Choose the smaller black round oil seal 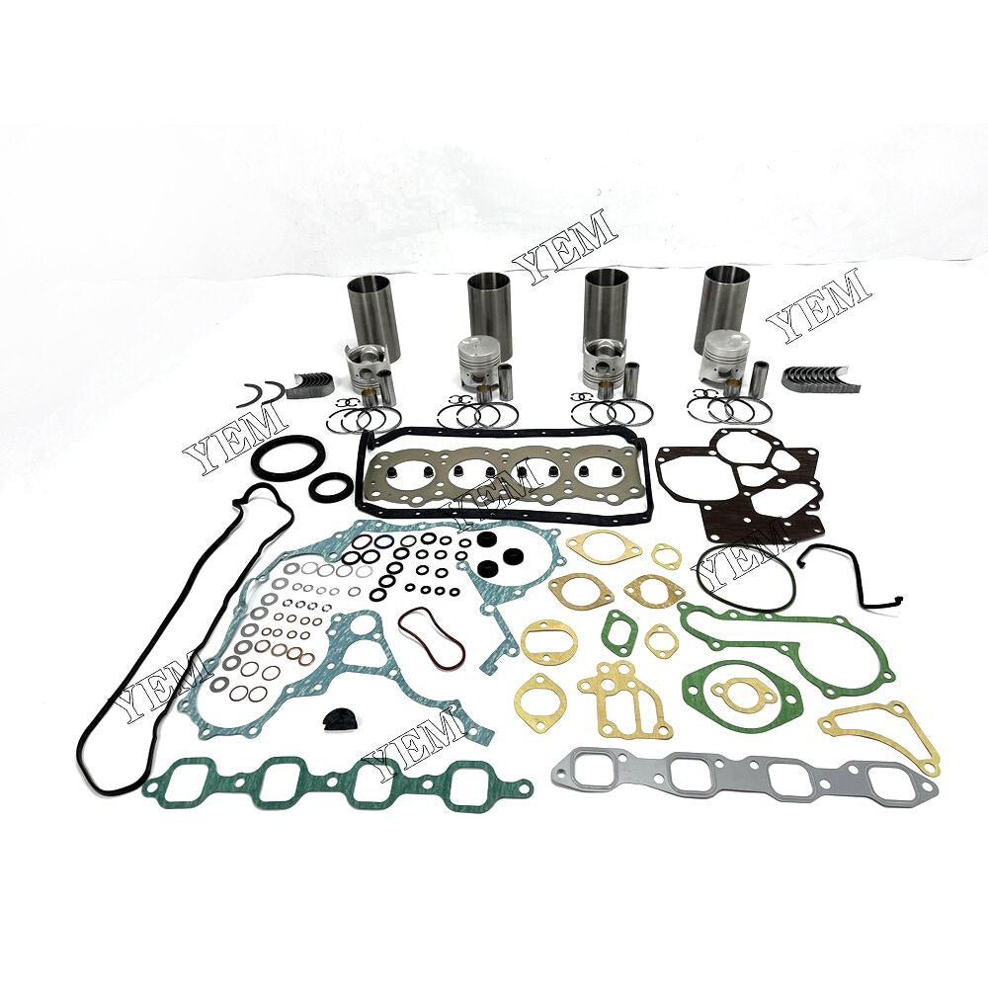point(328,487)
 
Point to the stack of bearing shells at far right point(818,376)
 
